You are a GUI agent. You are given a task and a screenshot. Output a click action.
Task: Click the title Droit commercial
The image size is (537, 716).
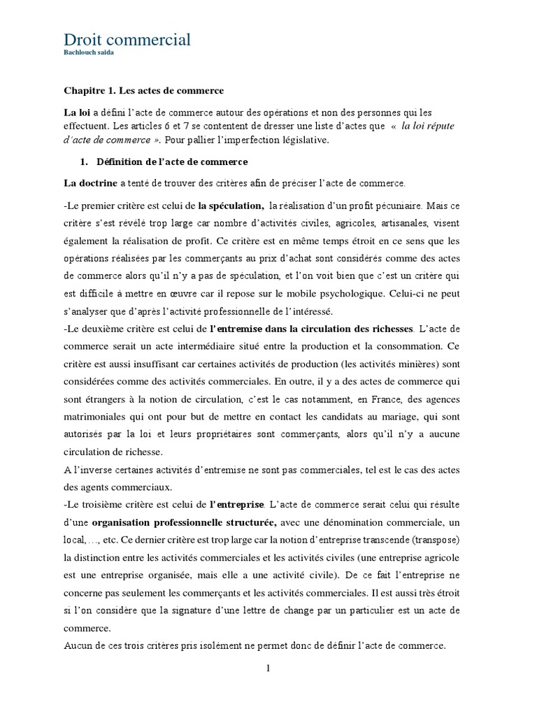coord(127,40)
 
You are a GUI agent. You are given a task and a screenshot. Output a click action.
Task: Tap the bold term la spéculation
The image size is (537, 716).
coord(230,206)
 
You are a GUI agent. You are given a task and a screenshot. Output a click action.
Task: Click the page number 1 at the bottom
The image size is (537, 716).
coord(268,669)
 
